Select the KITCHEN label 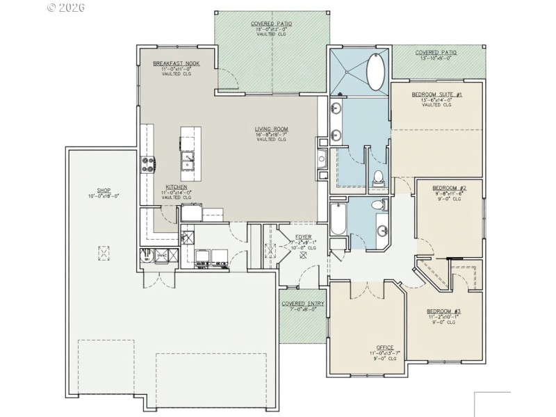(x=177, y=187)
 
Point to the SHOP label (x=104, y=190)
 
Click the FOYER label (x=303, y=237)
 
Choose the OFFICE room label (x=384, y=347)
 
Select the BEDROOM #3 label (x=444, y=311)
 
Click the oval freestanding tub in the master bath (x=378, y=73)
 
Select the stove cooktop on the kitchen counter (x=148, y=165)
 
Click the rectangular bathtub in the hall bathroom (x=337, y=218)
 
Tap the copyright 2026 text (x=65, y=7)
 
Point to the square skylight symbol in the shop (x=104, y=254)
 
